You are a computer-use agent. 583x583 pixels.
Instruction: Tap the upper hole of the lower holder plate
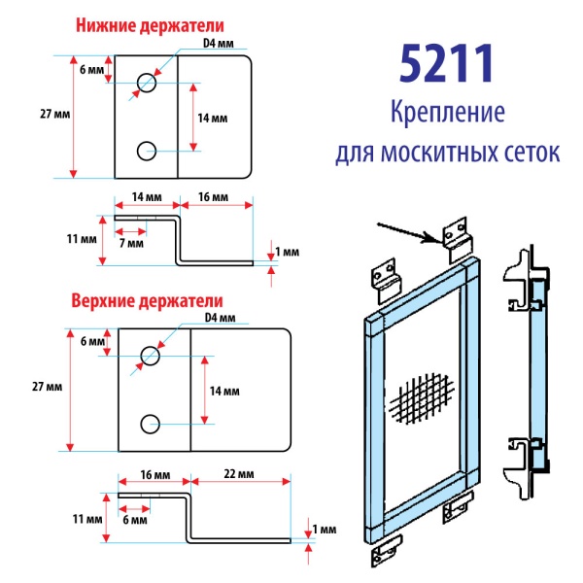(x=147, y=83)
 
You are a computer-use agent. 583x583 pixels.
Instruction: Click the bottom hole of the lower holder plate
(x=147, y=150)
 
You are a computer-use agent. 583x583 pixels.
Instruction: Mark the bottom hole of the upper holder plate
(x=150, y=423)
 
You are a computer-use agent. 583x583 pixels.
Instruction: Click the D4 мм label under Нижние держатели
(x=219, y=43)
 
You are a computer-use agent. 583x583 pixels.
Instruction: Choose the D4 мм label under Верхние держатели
(x=221, y=317)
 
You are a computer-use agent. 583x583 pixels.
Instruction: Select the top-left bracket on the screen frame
(x=387, y=276)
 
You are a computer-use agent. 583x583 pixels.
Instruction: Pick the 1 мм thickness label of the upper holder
(x=327, y=530)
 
